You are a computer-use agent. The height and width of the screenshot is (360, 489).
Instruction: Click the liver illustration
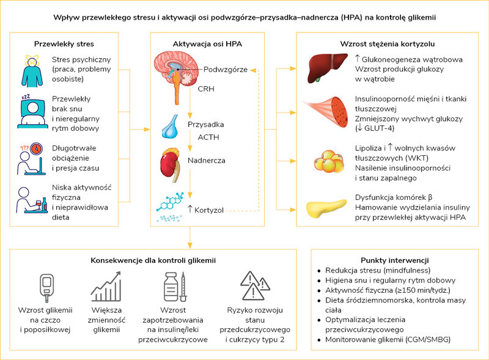coord(327,68)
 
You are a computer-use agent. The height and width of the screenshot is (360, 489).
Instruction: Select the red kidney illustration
coord(171,164)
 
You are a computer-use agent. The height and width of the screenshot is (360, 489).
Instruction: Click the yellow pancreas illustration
coord(326,208)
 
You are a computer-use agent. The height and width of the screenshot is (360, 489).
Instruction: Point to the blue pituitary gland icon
coord(171,127)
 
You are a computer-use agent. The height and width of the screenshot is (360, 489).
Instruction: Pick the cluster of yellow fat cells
coord(329,161)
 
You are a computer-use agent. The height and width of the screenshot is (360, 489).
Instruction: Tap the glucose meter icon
coord(47,288)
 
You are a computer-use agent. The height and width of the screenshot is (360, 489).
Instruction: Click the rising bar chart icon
coord(106,287)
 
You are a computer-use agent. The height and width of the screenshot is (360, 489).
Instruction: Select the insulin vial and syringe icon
coord(175,287)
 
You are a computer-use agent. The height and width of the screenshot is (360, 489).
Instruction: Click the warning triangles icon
coord(255,285)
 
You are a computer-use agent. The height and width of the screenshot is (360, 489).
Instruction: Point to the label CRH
coord(206,89)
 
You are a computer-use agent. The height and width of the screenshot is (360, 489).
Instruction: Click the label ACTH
coord(208,138)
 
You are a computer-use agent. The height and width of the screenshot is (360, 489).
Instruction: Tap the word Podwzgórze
coord(226,70)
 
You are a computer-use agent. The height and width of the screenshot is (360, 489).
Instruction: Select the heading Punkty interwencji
coord(395,260)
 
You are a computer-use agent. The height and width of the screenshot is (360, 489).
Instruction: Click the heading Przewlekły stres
coord(64,44)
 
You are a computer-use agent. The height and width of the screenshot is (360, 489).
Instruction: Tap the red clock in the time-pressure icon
coord(37,149)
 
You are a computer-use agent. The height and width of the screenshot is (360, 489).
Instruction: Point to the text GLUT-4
coord(379,128)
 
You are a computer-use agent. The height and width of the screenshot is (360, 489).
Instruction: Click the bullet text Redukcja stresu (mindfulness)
coord(378,270)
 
